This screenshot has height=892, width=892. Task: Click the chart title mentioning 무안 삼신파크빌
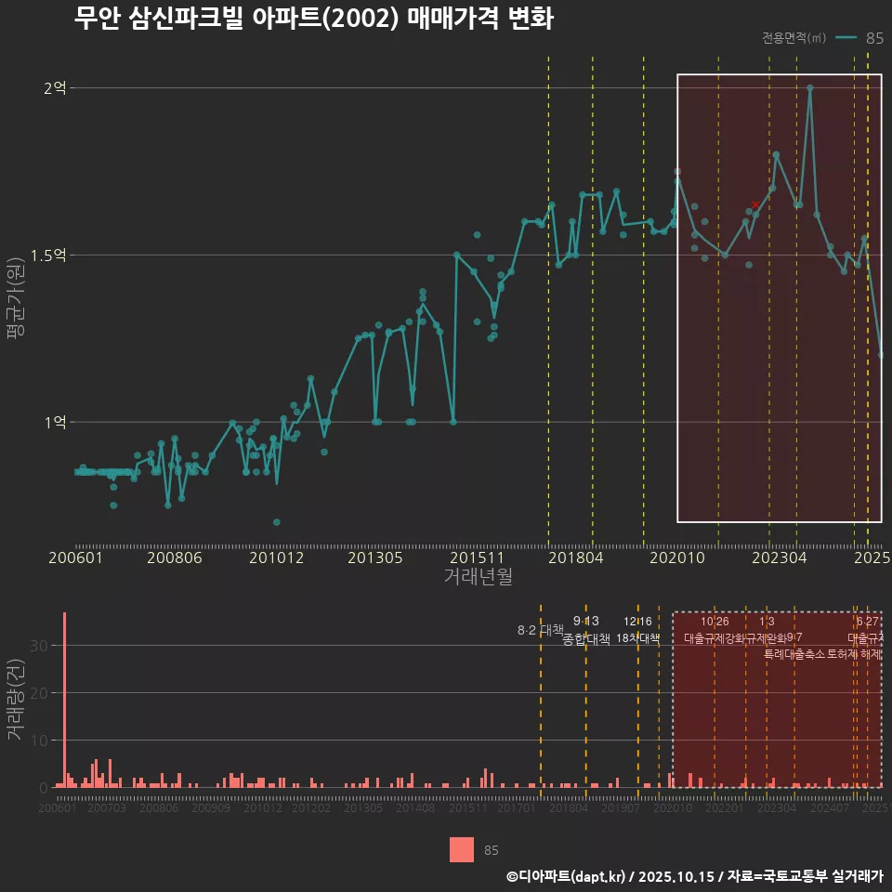(313, 19)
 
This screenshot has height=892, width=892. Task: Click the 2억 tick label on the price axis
(54, 88)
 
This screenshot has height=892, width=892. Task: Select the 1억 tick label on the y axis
(54, 422)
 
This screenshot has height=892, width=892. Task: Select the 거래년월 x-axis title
(478, 577)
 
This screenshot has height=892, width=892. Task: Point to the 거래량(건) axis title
(16, 700)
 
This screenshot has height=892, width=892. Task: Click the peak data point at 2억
(810, 88)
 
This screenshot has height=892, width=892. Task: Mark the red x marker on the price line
(755, 203)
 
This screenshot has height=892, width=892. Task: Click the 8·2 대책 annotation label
(541, 630)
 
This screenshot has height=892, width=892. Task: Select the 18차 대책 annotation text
(637, 638)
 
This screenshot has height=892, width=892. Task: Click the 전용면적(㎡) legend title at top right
(793, 38)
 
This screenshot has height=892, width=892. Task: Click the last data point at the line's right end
(881, 355)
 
